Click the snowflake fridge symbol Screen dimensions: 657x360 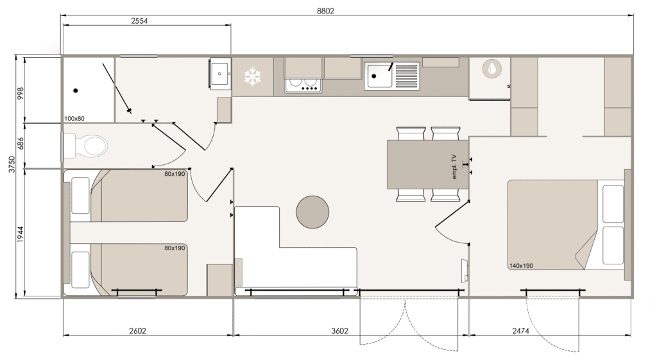tap(253, 77)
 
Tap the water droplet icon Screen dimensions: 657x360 tap(492, 69)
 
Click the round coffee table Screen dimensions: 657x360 tap(312, 212)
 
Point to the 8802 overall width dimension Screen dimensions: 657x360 tap(325, 11)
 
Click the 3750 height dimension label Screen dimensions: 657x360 tap(12, 164)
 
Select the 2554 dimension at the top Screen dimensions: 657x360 tap(139, 21)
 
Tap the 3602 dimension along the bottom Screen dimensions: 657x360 tap(339, 330)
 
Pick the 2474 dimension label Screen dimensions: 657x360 tap(520, 330)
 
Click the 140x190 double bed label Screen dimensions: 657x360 tap(521, 266)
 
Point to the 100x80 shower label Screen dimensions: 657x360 tap(74, 119)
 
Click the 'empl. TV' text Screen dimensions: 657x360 tap(454, 167)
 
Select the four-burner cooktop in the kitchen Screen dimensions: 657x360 tap(303, 85)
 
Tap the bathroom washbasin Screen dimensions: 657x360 tap(220, 73)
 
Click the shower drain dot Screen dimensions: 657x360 tap(76, 90)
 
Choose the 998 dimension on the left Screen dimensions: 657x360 tap(21, 94)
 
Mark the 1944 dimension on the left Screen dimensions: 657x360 tap(21, 235)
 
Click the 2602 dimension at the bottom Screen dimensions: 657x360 tap(137, 330)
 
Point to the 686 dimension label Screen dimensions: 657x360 tap(21, 144)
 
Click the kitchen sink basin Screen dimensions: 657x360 tap(379, 76)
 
